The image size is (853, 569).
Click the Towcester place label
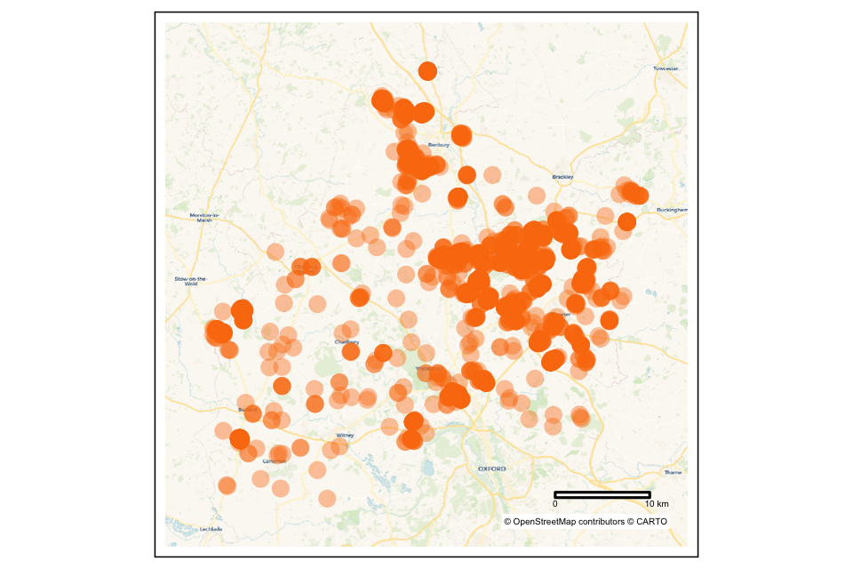tap(666, 68)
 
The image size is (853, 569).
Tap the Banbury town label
tap(439, 144)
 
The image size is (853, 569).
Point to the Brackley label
tap(562, 177)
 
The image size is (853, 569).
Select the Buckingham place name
tap(673, 209)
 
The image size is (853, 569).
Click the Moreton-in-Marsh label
tap(203, 218)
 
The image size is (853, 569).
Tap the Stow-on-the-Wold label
tap(190, 281)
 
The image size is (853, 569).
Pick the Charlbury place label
tap(347, 341)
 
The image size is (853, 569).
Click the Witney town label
tap(345, 435)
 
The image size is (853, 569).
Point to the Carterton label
tap(275, 461)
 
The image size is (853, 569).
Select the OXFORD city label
tap(491, 468)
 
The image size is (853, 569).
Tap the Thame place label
tap(673, 472)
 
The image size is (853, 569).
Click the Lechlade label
tap(211, 529)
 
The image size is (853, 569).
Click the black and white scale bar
tap(602, 494)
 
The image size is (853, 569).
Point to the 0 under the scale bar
tap(555, 505)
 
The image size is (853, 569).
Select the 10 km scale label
tap(657, 505)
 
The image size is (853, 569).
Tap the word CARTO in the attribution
tap(650, 522)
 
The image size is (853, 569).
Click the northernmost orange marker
tap(427, 71)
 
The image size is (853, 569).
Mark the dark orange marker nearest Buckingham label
tap(626, 221)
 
